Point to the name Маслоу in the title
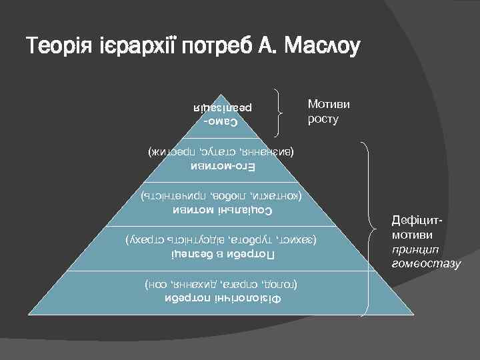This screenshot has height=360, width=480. click(322, 47)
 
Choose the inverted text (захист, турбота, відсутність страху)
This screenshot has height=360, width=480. click(221, 239)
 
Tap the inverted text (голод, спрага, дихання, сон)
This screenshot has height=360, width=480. click(221, 284)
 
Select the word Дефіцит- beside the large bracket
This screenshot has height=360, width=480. click(417, 221)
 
